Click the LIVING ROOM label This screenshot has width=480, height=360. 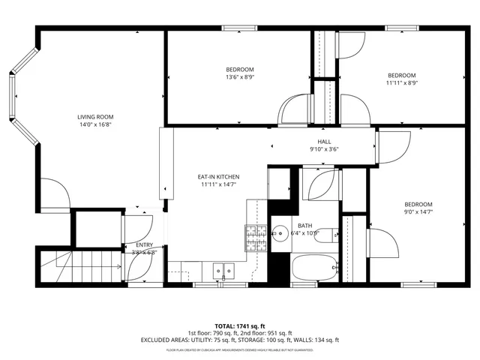[95, 116]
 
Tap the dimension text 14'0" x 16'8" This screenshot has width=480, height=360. [95, 125]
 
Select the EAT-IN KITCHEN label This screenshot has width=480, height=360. [220, 177]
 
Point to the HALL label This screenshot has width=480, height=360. [324, 142]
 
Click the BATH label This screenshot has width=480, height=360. [304, 225]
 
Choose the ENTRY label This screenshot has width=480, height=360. [144, 245]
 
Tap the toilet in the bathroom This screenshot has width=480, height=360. [330, 233]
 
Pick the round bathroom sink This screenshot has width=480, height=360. [281, 232]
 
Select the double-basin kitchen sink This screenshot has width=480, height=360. [222, 270]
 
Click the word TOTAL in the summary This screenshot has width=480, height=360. [203, 326]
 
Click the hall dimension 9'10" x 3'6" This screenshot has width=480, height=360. [324, 149]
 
